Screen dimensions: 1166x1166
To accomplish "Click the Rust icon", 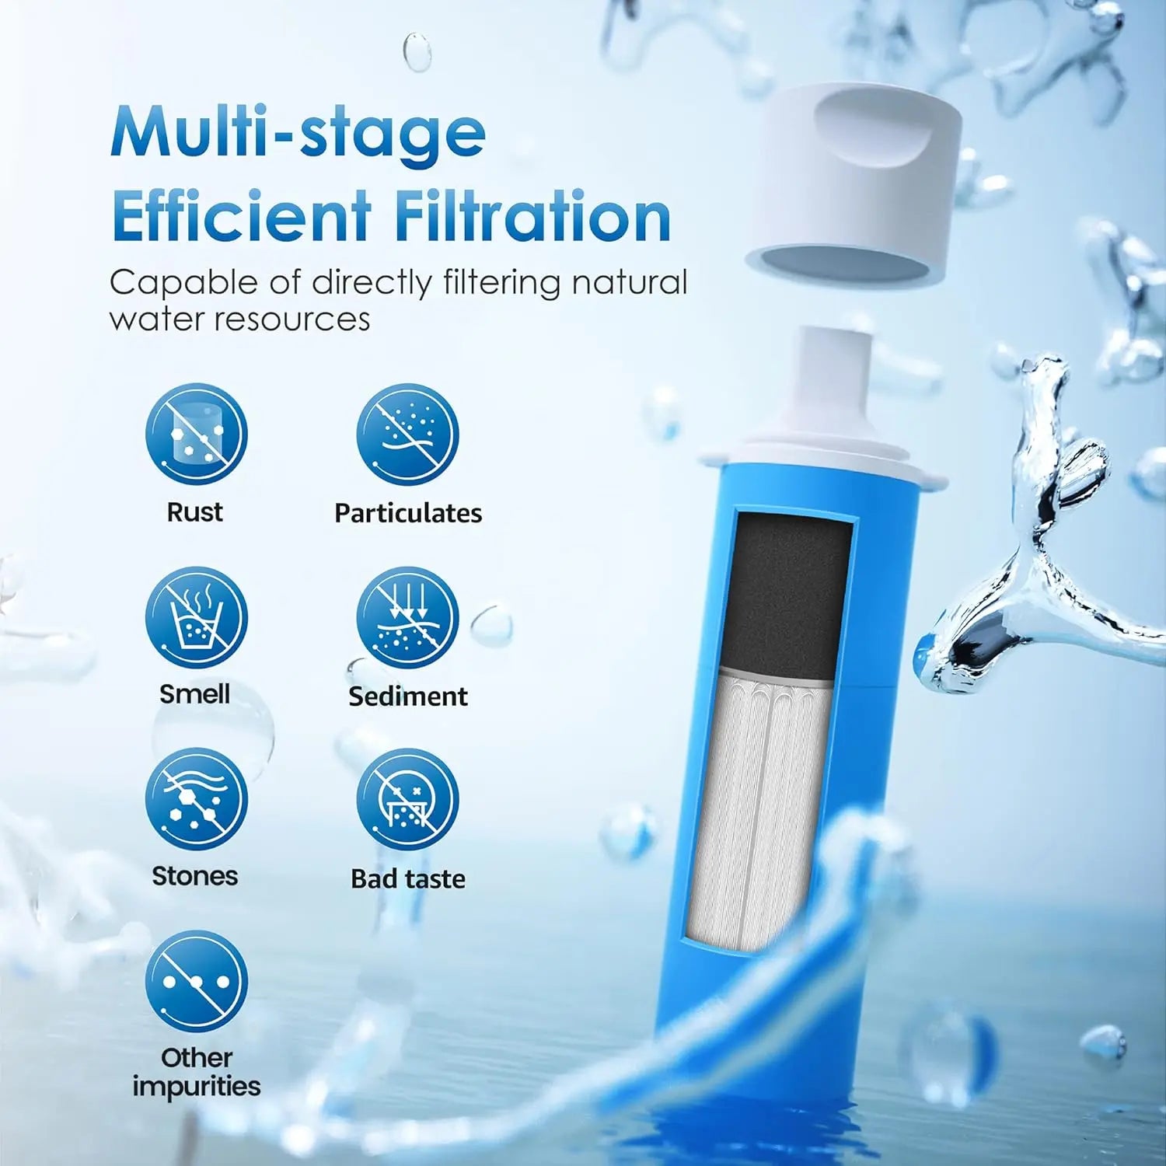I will (x=196, y=435).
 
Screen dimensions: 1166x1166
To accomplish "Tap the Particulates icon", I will (x=407, y=435).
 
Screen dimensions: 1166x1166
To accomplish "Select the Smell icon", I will (x=196, y=617).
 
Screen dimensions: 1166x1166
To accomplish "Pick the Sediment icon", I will (x=407, y=617).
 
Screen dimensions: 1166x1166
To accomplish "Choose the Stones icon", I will (x=196, y=799).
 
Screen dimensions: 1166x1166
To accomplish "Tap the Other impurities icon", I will (x=196, y=981).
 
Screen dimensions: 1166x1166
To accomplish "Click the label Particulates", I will (x=407, y=513).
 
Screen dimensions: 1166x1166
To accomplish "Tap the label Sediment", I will (x=407, y=696).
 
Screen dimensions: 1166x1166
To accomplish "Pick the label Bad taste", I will (x=407, y=878).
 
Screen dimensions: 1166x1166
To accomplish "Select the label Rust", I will (x=194, y=512).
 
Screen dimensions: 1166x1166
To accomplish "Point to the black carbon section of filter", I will (x=785, y=591).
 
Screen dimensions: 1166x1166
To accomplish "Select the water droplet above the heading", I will (x=417, y=51).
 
